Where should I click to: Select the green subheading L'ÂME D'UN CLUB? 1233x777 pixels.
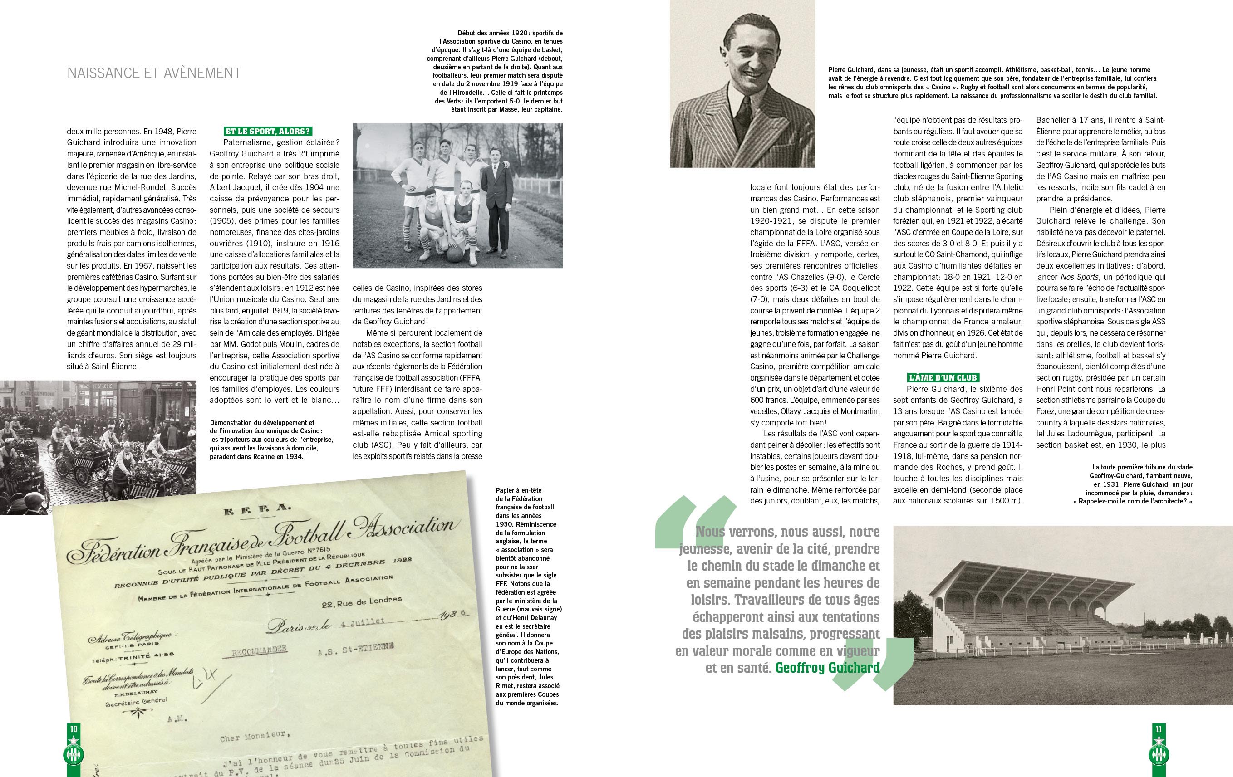click(943, 378)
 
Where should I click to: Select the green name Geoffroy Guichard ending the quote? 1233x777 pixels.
click(827, 668)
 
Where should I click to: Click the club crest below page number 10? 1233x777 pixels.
click(73, 754)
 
